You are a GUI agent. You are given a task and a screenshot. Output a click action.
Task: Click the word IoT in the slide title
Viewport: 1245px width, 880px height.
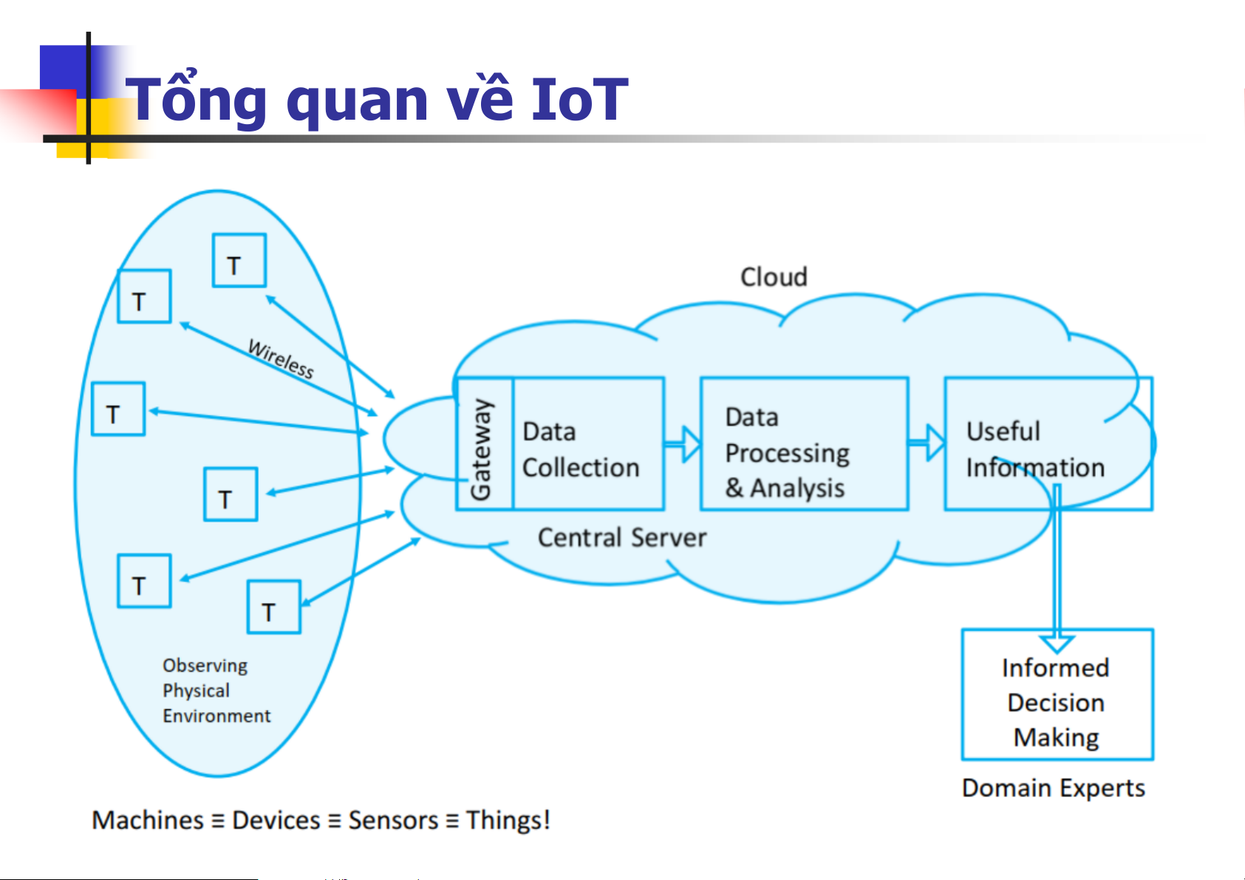pyautogui.click(x=579, y=100)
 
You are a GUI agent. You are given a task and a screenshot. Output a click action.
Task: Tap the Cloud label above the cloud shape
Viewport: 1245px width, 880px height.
pyautogui.click(x=774, y=277)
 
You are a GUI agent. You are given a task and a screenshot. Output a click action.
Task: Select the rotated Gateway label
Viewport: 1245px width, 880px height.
pyautogui.click(x=481, y=449)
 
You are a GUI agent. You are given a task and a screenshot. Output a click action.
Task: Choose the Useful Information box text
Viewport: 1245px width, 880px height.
pyautogui.click(x=1034, y=449)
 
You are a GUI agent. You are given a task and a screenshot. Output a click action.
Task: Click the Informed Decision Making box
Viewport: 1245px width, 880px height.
pyautogui.click(x=1057, y=702)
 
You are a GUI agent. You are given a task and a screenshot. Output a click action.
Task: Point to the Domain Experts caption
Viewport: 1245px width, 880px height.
pyautogui.click(x=1053, y=788)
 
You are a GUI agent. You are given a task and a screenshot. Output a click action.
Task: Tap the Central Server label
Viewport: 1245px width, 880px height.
pyautogui.click(x=621, y=538)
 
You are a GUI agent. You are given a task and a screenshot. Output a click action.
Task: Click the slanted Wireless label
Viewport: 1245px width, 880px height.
pyautogui.click(x=281, y=359)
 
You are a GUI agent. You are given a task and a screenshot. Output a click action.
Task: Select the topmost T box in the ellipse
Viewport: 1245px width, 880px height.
pyautogui.click(x=239, y=261)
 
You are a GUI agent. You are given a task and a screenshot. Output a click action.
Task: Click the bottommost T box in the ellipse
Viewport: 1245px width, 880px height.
pyautogui.click(x=273, y=607)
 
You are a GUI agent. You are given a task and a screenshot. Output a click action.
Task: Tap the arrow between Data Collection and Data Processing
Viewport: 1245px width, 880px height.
pyautogui.click(x=683, y=444)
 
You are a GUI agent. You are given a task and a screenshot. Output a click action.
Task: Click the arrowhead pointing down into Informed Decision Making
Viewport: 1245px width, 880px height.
pyautogui.click(x=1057, y=641)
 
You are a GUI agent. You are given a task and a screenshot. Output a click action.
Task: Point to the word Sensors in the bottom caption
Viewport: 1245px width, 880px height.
pyautogui.click(x=393, y=821)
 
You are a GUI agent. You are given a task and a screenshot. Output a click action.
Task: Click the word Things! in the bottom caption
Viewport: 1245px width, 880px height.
pyautogui.click(x=508, y=821)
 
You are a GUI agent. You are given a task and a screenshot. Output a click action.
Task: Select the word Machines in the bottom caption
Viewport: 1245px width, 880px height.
pyautogui.click(x=148, y=821)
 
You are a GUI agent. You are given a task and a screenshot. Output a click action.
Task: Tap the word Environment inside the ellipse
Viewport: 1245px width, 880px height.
pyautogui.click(x=216, y=716)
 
